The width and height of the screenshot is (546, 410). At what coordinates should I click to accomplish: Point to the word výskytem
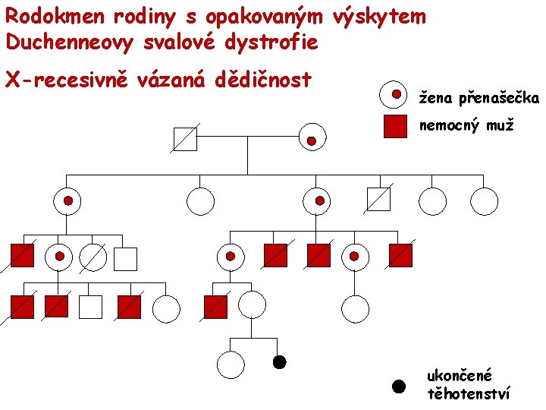pyautogui.click(x=379, y=16)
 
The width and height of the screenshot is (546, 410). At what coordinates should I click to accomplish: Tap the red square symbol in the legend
pyautogui.click(x=396, y=125)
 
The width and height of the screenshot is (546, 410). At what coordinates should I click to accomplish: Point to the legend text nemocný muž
pyautogui.click(x=466, y=125)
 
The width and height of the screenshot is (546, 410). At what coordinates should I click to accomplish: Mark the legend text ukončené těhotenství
pyautogui.click(x=469, y=384)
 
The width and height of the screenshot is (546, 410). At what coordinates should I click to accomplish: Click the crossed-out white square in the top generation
pyautogui.click(x=185, y=139)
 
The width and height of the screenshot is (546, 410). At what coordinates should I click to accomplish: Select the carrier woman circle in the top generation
pyautogui.click(x=312, y=137)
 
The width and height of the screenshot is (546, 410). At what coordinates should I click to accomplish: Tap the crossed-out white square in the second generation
pyautogui.click(x=378, y=200)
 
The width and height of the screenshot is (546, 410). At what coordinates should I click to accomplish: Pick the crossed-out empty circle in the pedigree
pyautogui.click(x=93, y=257)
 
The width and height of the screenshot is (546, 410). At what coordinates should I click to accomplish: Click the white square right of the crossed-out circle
pyautogui.click(x=125, y=259)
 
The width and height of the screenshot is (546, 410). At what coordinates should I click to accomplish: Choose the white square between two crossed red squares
pyautogui.click(x=90, y=306)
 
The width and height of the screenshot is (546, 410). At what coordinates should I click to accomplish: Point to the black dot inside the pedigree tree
pyautogui.click(x=279, y=362)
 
